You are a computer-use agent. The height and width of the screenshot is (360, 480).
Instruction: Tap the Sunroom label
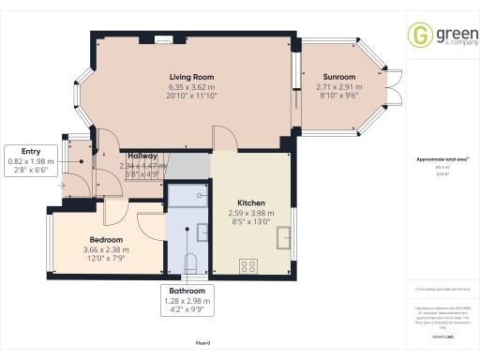coord(339,77)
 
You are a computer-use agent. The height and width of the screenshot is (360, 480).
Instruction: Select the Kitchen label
coord(250,203)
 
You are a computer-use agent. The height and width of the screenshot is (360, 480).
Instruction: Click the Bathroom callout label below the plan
coord(187,291)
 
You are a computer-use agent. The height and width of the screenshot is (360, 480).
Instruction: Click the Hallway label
coord(142,156)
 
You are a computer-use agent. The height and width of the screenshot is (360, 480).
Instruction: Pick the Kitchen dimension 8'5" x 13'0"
coord(250,222)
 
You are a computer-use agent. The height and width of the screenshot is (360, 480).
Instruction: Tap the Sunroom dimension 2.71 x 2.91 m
coord(339,86)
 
